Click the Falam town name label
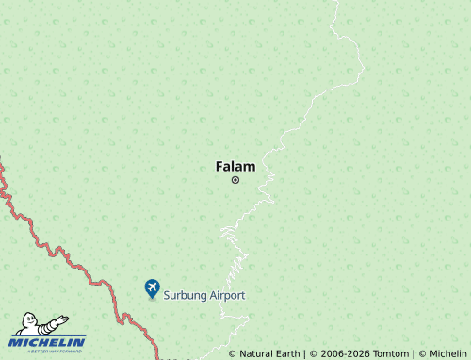pos(235,166)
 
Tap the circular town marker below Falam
pos(235,180)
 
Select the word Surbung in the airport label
pos(185,295)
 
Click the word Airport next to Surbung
pos(227,295)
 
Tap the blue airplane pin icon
pos(152,287)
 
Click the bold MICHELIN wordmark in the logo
pos(48,341)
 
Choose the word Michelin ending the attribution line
pos(447,353)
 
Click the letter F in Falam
pos(219,166)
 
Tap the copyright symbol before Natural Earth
pos(233,353)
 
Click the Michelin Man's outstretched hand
pos(62,318)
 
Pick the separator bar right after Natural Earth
pos(304,353)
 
